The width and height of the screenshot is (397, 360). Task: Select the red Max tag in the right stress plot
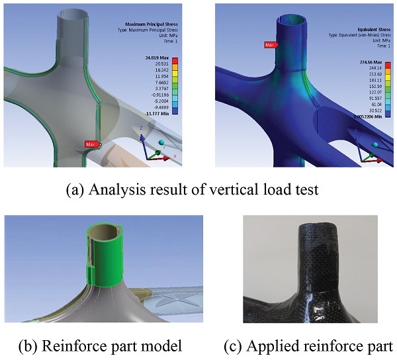(269, 45)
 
